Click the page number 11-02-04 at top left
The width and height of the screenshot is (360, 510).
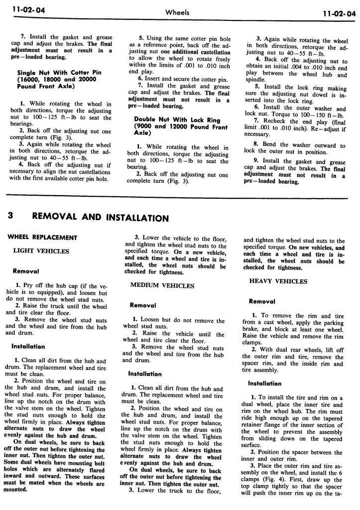22,12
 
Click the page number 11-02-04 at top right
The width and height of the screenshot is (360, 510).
339,13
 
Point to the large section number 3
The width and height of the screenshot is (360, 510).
11,217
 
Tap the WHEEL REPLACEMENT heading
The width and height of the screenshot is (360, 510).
42,238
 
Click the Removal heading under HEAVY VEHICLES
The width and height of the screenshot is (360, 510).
262,301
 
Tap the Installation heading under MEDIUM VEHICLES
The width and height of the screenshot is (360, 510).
145,374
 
